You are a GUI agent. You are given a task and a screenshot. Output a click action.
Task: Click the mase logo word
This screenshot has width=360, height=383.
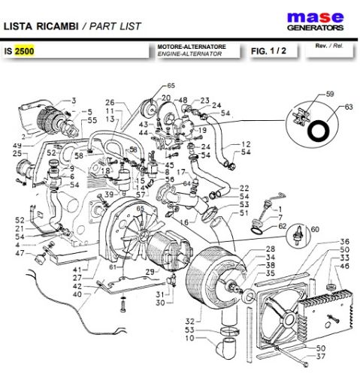pyautogui.click(x=316, y=17)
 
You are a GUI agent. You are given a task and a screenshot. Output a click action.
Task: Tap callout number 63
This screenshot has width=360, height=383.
pyautogui.click(x=347, y=107)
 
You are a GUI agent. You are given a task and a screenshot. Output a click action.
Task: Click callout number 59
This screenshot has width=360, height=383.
pyautogui.click(x=328, y=95)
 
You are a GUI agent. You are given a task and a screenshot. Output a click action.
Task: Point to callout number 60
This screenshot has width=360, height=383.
pyautogui.click(x=315, y=229)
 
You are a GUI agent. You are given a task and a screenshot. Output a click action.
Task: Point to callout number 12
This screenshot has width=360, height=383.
pyautogui.click(x=247, y=143)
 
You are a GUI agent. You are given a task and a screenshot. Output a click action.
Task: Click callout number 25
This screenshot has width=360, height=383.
pyautogui.click(x=17, y=154)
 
